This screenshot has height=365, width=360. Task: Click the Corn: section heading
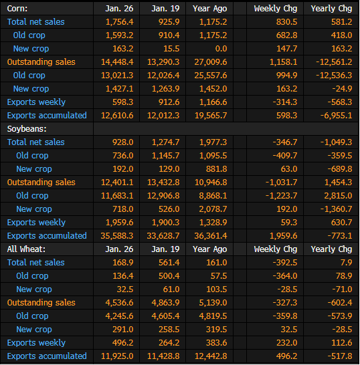pyautogui.click(x=17, y=9)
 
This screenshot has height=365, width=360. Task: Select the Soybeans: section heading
pyautogui.click(x=27, y=129)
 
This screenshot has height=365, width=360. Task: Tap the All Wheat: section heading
pyautogui.click(x=26, y=249)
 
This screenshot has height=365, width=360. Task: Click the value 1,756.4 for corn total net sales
pyautogui.click(x=120, y=22)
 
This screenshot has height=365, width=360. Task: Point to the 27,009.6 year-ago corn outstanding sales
pyautogui.click(x=211, y=62)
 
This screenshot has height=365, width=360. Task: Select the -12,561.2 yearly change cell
pyautogui.click(x=334, y=62)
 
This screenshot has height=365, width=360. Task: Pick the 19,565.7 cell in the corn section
pyautogui.click(x=211, y=116)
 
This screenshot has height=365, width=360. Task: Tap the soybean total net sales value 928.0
pyautogui.click(x=123, y=142)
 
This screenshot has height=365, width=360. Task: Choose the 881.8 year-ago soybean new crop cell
pyautogui.click(x=216, y=168)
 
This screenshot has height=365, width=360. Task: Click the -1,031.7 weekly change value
pyautogui.click(x=282, y=182)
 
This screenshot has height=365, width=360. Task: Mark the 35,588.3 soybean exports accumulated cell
pyautogui.click(x=117, y=236)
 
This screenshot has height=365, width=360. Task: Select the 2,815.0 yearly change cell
pyautogui.click(x=338, y=195)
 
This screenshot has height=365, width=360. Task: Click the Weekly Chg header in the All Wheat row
pyautogui.click(x=276, y=249)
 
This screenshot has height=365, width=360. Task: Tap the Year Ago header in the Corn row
pyautogui.click(x=210, y=9)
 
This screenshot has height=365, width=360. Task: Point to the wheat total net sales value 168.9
pyautogui.click(x=123, y=262)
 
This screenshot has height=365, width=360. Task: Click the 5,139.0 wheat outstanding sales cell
pyautogui.click(x=213, y=303)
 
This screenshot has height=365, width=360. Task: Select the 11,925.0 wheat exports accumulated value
pyautogui.click(x=117, y=356)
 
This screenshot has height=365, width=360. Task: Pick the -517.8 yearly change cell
pyautogui.click(x=340, y=356)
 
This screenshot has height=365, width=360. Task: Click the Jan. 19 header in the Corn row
pyautogui.click(x=165, y=9)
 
